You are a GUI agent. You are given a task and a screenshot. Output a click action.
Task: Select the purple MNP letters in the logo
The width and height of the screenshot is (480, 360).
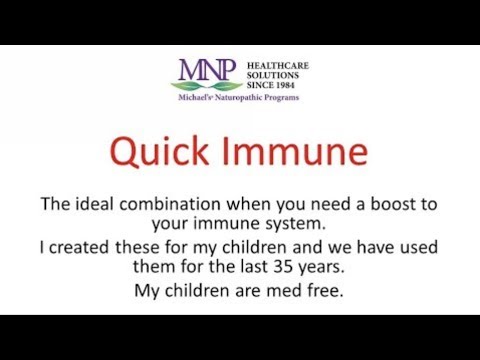pyautogui.click(x=208, y=71)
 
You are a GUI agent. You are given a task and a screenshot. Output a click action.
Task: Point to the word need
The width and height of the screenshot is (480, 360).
pyautogui.click(x=320, y=204)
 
